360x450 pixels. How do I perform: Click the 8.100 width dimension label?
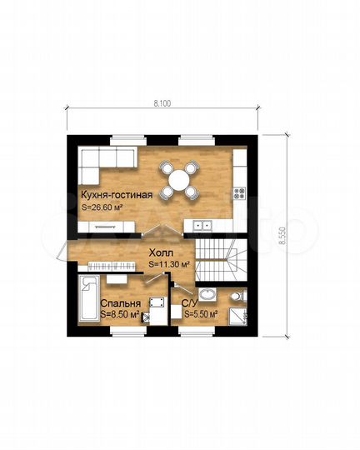(x=162, y=103)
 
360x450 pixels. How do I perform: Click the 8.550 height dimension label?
(x=283, y=236)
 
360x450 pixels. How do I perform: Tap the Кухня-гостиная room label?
(x=117, y=195)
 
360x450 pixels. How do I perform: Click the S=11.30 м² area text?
(x=169, y=264)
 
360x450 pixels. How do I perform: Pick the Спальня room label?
(x=120, y=303)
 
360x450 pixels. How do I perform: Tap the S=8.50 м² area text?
(x=120, y=314)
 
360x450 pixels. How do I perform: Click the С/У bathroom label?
(x=190, y=303)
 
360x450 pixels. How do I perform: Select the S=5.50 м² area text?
(x=200, y=314)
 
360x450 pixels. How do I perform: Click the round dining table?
(x=179, y=180)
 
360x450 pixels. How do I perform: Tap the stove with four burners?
(x=239, y=193)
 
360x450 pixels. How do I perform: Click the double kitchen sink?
(x=202, y=225)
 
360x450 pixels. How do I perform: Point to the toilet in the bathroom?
(x=239, y=296)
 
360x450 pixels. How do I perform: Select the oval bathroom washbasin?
(x=207, y=295)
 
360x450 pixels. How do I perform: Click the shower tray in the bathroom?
(x=237, y=317)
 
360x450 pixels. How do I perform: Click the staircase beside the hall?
(x=221, y=260)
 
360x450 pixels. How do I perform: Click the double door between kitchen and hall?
(x=162, y=231)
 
